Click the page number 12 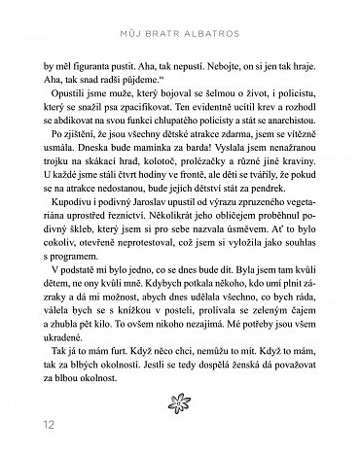(x=22, y=425)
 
